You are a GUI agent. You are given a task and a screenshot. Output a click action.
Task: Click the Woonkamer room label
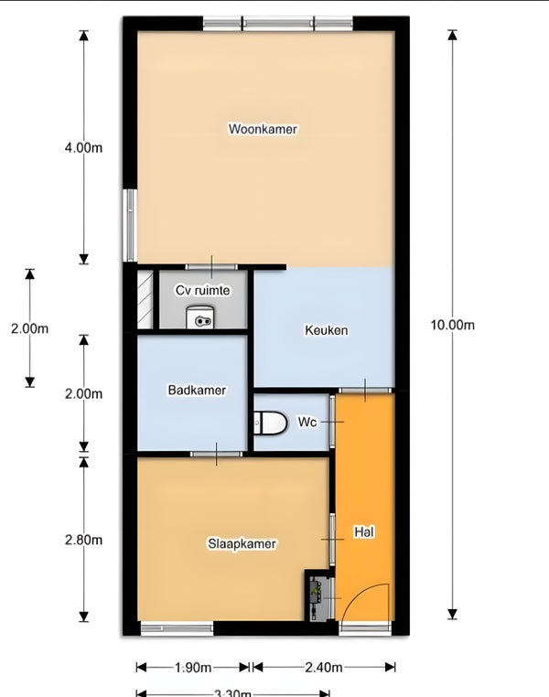(x=263, y=129)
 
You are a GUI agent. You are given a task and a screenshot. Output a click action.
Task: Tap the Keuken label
(x=326, y=330)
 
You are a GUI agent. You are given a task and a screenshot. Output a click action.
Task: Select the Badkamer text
(x=197, y=390)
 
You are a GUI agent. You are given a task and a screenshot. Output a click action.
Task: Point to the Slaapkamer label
(x=242, y=543)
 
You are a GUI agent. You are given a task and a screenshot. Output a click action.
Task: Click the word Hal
(x=364, y=531)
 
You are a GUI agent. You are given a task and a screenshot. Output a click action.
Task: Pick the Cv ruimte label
(x=202, y=290)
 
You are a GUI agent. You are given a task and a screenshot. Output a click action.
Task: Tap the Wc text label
(x=307, y=423)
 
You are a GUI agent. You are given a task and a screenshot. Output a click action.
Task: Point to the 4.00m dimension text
(x=83, y=148)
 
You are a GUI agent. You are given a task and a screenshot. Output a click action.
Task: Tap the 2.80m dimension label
(x=83, y=540)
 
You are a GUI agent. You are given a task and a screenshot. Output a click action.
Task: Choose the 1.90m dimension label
(x=193, y=667)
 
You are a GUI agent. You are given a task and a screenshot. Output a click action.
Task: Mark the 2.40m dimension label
(x=324, y=667)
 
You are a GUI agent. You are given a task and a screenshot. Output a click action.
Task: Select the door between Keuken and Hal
(x=364, y=391)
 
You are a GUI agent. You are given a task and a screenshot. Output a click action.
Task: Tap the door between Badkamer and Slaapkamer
(x=217, y=454)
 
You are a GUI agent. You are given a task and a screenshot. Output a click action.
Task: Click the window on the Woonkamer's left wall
(x=130, y=225)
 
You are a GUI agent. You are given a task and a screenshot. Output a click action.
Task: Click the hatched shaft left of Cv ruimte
(x=145, y=299)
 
